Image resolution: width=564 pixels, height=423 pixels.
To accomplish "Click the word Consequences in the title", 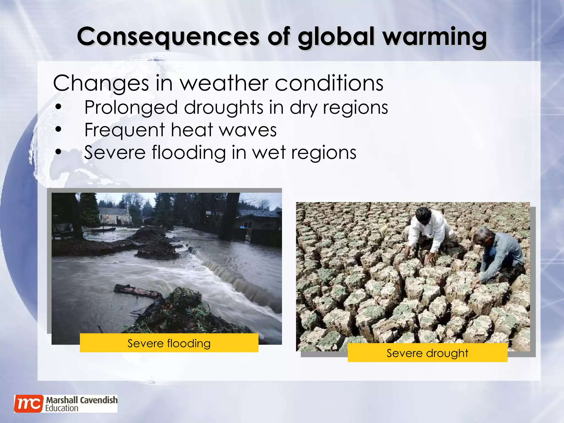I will [168, 37].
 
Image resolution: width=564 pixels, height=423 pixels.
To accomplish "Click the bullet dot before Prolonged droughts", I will [58, 107].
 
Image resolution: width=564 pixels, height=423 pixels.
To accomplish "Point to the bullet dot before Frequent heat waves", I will [58, 130].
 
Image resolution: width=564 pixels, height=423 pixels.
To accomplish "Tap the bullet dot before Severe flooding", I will [58, 152].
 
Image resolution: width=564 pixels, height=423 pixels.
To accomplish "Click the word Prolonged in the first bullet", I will [131, 107].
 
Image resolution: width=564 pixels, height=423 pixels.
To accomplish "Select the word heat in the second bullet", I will [192, 130].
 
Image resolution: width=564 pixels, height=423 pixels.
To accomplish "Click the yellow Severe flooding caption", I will [169, 343].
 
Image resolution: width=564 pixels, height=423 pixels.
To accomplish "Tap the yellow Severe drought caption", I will [427, 353].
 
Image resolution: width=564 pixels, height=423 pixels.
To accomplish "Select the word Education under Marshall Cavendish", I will [62, 408].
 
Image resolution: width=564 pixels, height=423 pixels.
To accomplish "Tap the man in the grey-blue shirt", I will [498, 253].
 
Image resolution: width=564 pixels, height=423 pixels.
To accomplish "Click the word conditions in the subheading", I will [329, 83].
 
